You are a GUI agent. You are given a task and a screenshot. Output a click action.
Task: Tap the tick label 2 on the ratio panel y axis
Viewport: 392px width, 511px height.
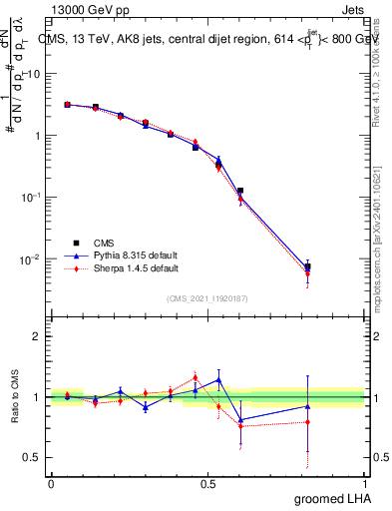point(37,336)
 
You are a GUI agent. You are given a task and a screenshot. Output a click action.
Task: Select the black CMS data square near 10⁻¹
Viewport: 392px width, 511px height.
point(240,190)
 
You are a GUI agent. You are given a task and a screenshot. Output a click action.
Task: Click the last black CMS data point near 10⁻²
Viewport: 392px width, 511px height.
point(308,266)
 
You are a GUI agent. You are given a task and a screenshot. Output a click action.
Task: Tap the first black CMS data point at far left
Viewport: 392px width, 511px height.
point(67,104)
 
